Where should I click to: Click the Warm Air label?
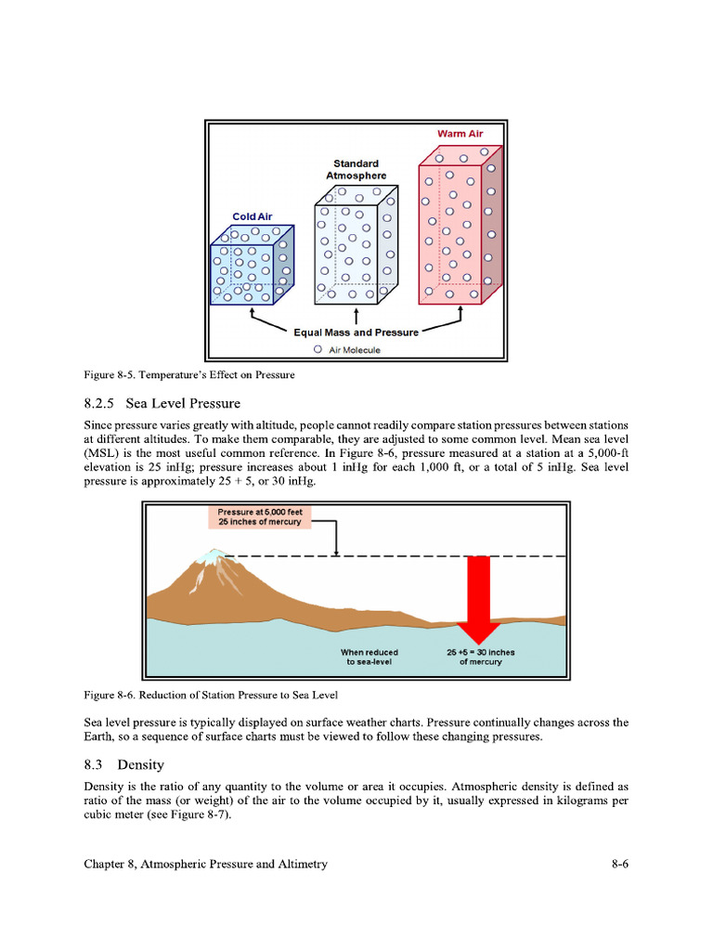(x=460, y=134)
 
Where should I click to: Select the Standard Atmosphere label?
(x=356, y=169)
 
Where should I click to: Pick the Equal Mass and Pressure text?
(x=356, y=332)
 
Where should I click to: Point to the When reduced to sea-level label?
(x=370, y=657)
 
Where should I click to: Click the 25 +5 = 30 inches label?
(x=480, y=657)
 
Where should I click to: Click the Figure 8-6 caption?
(x=211, y=695)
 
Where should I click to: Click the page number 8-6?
(x=620, y=864)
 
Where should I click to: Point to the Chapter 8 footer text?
(x=205, y=864)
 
